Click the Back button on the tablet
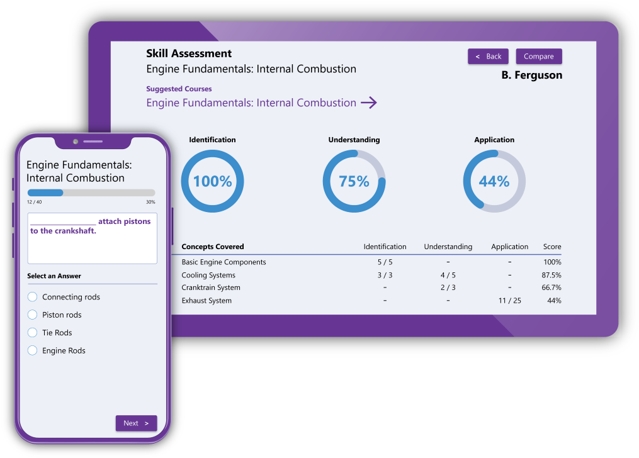pyautogui.click(x=488, y=57)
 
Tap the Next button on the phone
pyautogui.click(x=136, y=423)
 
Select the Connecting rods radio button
pyautogui.click(x=33, y=297)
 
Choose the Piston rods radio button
pyautogui.click(x=33, y=315)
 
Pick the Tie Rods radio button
pyautogui.click(x=33, y=333)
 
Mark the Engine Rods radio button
pyautogui.click(x=33, y=350)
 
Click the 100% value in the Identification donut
pyautogui.click(x=212, y=182)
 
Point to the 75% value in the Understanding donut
pyautogui.click(x=354, y=182)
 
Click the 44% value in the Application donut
pyautogui.click(x=494, y=182)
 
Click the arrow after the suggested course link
pyautogui.click(x=369, y=103)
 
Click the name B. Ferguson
pyautogui.click(x=531, y=75)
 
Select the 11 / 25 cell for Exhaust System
pyautogui.click(x=509, y=301)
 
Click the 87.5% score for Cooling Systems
pyautogui.click(x=551, y=275)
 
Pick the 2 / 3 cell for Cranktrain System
pyautogui.click(x=448, y=288)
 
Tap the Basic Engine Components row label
pyautogui.click(x=223, y=262)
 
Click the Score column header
pyautogui.click(x=552, y=247)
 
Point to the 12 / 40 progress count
pyautogui.click(x=34, y=202)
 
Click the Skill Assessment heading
pyautogui.click(x=189, y=54)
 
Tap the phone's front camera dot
pyautogui.click(x=76, y=142)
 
